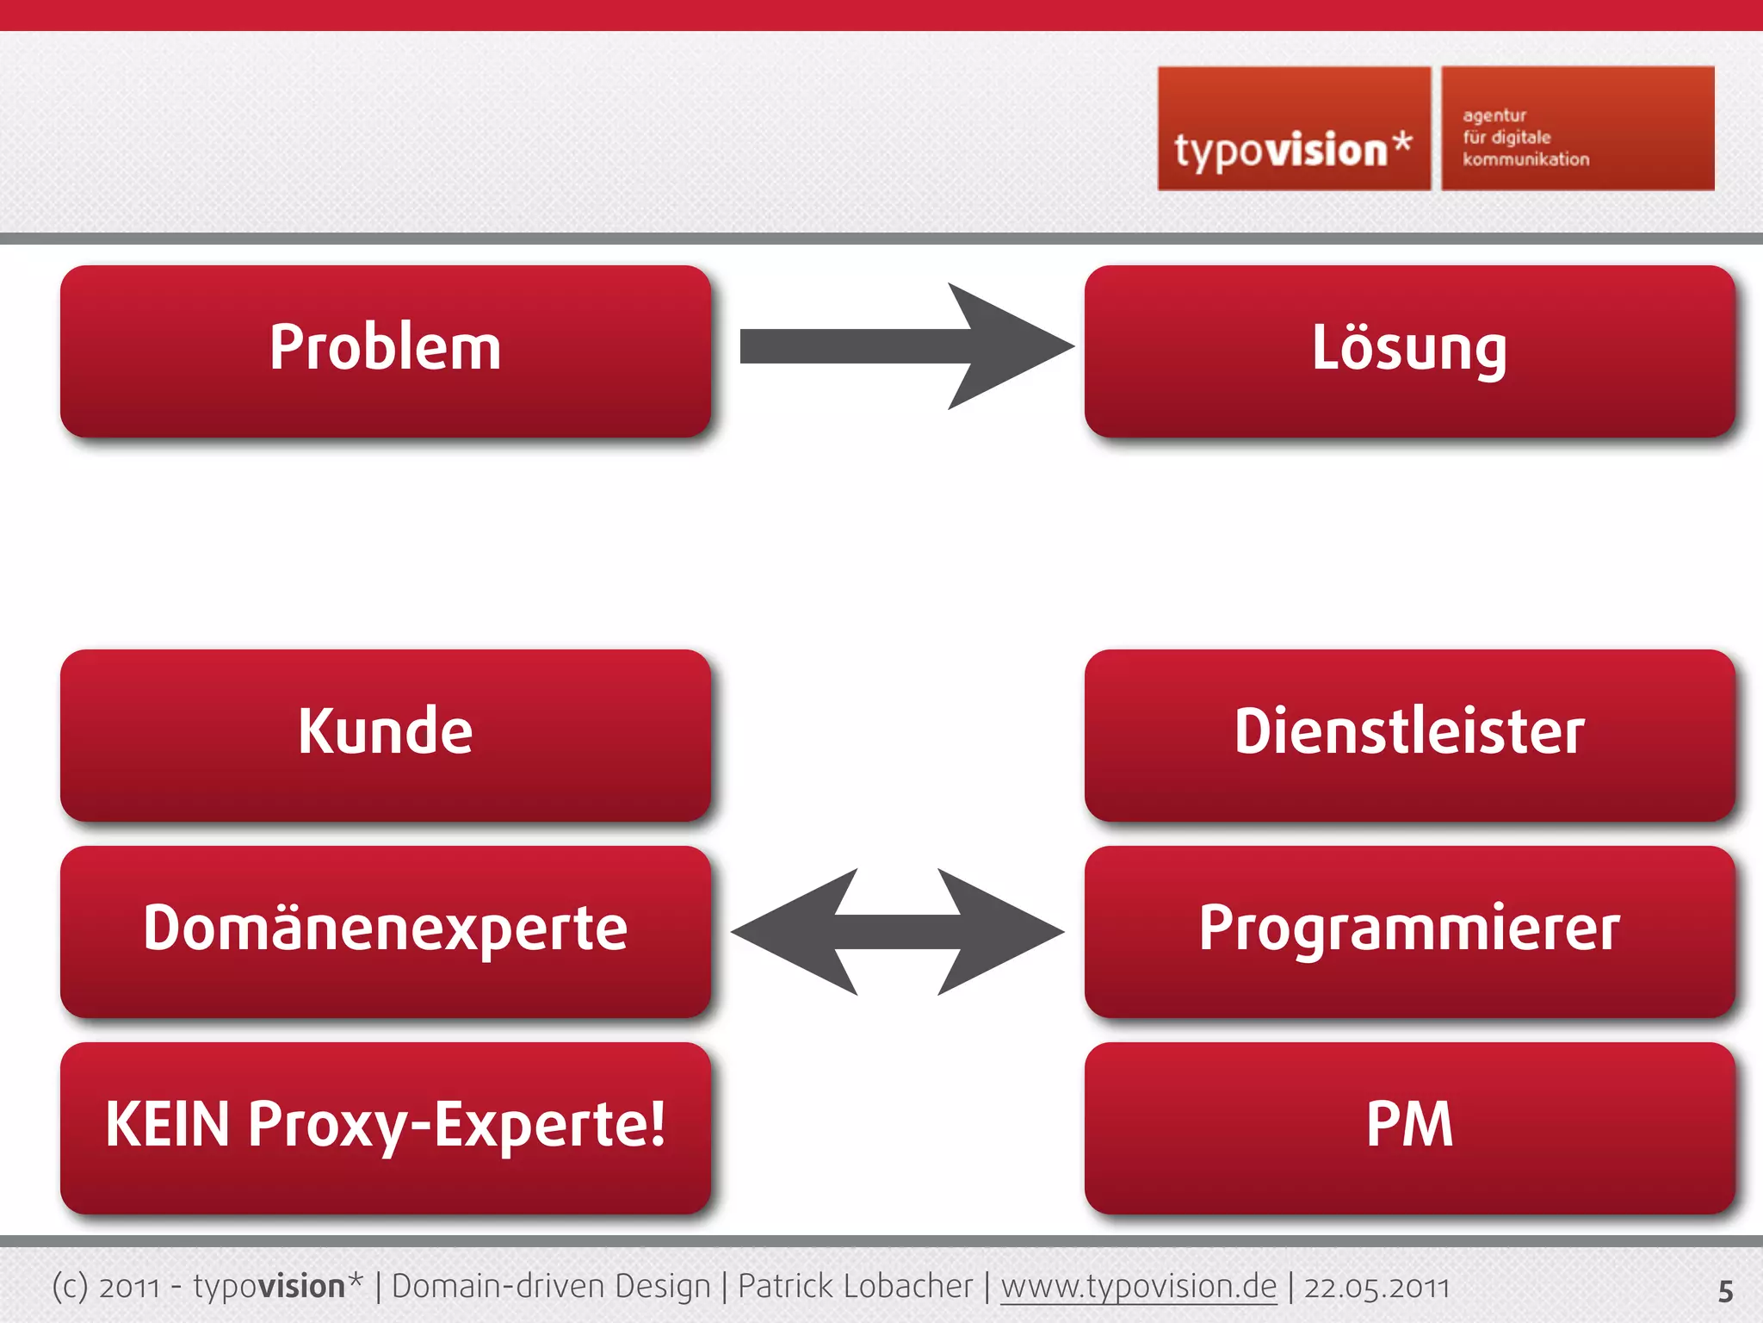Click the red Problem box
385,350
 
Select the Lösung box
1409,350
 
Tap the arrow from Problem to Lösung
904,346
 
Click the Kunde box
385,734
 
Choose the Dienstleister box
1409,734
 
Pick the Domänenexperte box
385,930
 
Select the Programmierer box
1409,930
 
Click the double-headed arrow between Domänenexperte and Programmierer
897,932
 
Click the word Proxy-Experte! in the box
457,1125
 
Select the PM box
1409,1127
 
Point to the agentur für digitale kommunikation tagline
1525,138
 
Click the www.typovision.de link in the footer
1138,1287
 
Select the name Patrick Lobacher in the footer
855,1287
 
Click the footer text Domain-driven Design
551,1287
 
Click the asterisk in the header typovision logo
1402,141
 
